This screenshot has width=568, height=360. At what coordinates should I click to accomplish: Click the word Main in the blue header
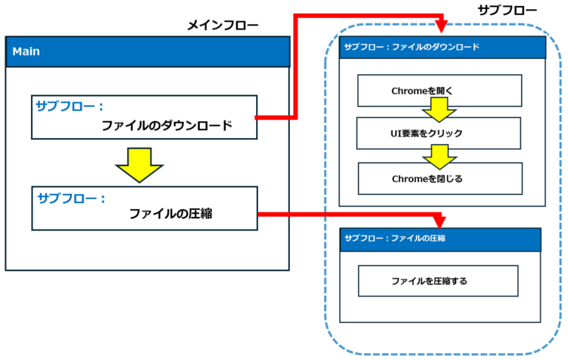[26, 52]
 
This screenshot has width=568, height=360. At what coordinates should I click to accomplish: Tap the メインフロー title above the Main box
[223, 25]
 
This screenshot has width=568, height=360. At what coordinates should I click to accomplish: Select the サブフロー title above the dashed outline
[507, 10]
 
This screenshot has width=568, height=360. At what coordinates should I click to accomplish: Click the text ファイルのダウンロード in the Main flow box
[167, 126]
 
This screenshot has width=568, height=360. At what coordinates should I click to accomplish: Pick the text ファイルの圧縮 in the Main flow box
[170, 214]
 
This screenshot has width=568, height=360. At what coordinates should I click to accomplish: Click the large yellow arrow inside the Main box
[139, 165]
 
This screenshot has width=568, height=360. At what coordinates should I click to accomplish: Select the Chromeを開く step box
[439, 91]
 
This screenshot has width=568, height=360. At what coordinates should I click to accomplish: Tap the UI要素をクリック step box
[438, 133]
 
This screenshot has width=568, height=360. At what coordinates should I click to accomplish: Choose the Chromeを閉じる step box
[440, 178]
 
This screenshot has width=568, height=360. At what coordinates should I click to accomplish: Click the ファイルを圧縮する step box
[438, 281]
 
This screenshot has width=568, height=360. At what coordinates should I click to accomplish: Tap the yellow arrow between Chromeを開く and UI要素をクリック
[439, 109]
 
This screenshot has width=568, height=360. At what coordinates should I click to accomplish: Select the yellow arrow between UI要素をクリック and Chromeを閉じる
[440, 157]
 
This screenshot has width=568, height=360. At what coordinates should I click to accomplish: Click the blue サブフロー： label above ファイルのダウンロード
[70, 106]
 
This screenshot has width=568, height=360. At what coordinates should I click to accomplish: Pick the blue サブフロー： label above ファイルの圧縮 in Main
[71, 198]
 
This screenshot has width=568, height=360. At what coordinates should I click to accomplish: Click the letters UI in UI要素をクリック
[395, 133]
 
